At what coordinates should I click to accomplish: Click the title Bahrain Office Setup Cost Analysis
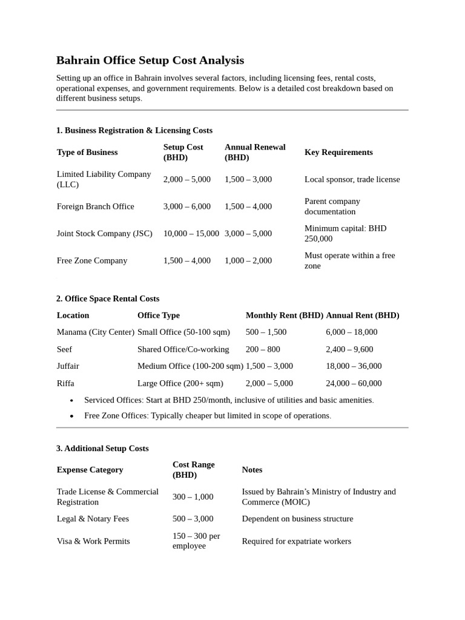coord(150,60)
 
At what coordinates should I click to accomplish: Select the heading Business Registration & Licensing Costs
coord(134,130)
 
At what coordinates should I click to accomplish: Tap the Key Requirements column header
coord(338,152)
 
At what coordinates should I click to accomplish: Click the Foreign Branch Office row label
coord(95,206)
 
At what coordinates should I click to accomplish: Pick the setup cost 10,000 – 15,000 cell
coord(191,234)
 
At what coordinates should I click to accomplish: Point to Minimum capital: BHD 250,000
coord(345,234)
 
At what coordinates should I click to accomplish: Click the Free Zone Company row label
coord(92,260)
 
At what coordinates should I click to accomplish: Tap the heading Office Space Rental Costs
coord(108,298)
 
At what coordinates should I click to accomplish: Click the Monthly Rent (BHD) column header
coord(284,315)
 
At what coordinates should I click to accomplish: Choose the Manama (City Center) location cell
coord(95,332)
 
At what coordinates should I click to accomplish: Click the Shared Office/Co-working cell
coord(183,349)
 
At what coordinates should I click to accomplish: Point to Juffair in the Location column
coord(68,366)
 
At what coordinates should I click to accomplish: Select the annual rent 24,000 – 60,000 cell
coord(354,383)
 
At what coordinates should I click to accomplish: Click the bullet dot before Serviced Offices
coord(72,401)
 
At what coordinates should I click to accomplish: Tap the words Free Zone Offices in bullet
coord(116,416)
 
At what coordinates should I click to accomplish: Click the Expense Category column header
coord(90,470)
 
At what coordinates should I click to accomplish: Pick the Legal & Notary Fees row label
coord(93,519)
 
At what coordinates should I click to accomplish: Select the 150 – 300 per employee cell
coord(196,541)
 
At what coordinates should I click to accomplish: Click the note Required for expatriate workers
coord(296,541)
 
